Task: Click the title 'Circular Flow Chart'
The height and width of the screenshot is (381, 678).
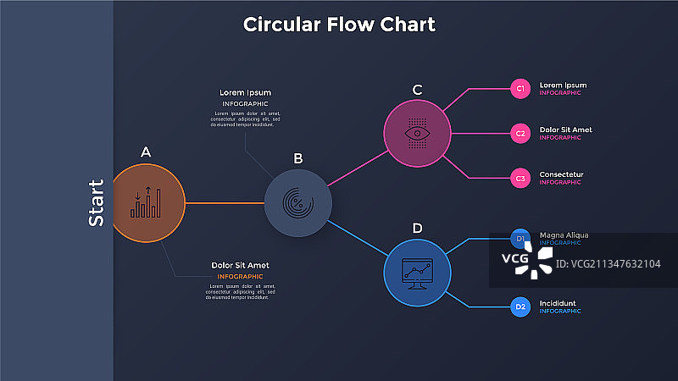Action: pyautogui.click(x=339, y=25)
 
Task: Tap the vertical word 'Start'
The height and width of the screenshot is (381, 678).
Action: pyautogui.click(x=97, y=202)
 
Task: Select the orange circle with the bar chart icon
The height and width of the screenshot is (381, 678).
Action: pyautogui.click(x=147, y=203)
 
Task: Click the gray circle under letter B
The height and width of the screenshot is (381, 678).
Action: pyautogui.click(x=297, y=202)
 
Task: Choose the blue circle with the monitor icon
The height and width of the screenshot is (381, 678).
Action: pyautogui.click(x=417, y=273)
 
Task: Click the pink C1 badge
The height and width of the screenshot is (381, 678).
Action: pyautogui.click(x=520, y=87)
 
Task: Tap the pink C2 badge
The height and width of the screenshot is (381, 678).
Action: pyautogui.click(x=520, y=133)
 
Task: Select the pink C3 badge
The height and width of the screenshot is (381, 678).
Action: pyautogui.click(x=520, y=178)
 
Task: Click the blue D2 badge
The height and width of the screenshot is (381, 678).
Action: pyautogui.click(x=520, y=306)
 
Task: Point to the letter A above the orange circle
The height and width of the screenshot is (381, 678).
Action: pyautogui.click(x=146, y=152)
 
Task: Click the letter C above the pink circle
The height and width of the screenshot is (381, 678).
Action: pyautogui.click(x=417, y=90)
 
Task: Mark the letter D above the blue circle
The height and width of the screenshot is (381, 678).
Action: pyautogui.click(x=417, y=228)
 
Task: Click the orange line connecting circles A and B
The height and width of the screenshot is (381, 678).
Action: pyautogui.click(x=225, y=203)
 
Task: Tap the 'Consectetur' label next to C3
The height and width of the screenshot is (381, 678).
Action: pyautogui.click(x=561, y=174)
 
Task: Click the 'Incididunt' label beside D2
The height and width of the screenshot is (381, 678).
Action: pyautogui.click(x=558, y=303)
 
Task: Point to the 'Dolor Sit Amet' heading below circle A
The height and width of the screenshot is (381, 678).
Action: pyautogui.click(x=240, y=266)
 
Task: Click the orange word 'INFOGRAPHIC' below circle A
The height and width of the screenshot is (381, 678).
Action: pyautogui.click(x=240, y=277)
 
